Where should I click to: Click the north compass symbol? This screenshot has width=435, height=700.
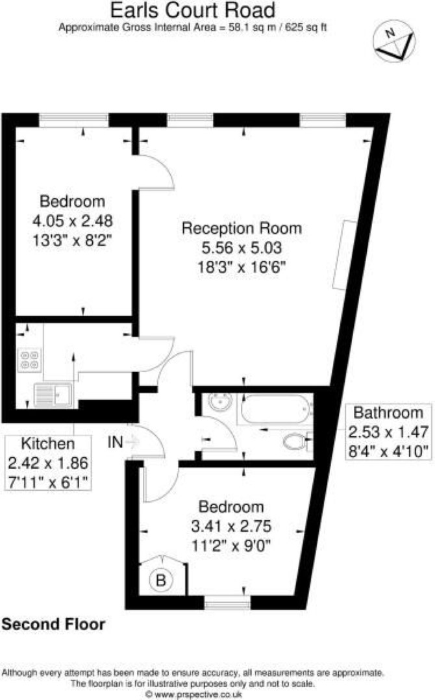click(x=394, y=41)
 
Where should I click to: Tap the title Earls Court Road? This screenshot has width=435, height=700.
click(x=193, y=10)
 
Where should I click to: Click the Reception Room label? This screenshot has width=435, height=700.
click(x=242, y=228)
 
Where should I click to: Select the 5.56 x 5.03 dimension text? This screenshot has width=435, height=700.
click(x=242, y=248)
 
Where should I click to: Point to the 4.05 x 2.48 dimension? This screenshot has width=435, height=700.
click(x=72, y=221)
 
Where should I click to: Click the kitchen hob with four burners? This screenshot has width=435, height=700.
click(x=30, y=360)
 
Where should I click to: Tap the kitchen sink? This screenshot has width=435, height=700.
click(x=53, y=395)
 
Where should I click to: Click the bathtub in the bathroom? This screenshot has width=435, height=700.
click(x=276, y=409)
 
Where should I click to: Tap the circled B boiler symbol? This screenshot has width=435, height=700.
click(x=160, y=580)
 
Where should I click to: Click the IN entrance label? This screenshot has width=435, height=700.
click(x=115, y=442)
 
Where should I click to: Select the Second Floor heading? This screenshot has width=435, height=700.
click(x=53, y=624)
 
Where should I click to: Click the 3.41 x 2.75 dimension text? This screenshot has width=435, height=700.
click(x=231, y=526)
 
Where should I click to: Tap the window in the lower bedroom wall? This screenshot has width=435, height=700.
click(x=227, y=605)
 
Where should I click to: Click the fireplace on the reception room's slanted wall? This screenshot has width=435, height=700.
click(x=345, y=255)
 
